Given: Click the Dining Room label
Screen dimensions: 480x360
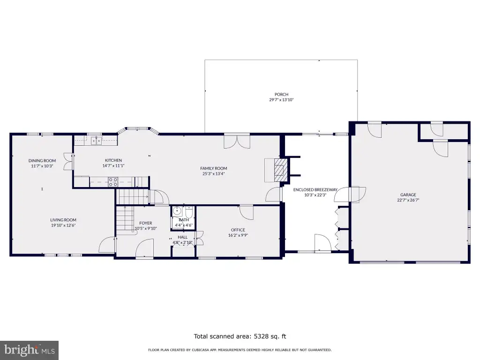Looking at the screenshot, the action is tap(42, 161).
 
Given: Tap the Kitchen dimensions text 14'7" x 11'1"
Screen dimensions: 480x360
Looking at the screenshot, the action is tap(113, 166).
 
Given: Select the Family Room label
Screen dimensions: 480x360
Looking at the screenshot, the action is tap(214, 168).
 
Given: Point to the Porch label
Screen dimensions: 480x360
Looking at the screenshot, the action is tap(281, 95).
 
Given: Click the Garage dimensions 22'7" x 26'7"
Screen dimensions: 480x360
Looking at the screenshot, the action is tap(408, 200).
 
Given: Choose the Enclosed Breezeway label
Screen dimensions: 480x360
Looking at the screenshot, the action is tap(315, 190).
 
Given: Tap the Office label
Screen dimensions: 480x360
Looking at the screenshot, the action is tap(238, 230).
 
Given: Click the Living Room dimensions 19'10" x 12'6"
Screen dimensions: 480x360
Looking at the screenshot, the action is tap(63, 225).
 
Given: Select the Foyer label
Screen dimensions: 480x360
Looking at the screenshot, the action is tap(146, 223).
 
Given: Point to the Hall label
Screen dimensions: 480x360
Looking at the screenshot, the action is tap(183, 237).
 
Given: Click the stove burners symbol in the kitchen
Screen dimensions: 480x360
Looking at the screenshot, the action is tap(113, 182).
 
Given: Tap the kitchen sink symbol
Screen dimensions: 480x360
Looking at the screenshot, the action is tap(96, 141).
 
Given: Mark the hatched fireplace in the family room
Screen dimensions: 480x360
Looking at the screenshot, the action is tap(280, 170).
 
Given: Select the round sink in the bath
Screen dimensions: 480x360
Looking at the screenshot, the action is tap(177, 211).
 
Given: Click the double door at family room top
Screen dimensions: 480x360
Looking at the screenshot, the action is tap(237, 142).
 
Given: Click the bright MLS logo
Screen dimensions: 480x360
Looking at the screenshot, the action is tap(30, 350).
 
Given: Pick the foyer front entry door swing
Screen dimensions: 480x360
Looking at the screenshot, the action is tap(144, 248).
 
